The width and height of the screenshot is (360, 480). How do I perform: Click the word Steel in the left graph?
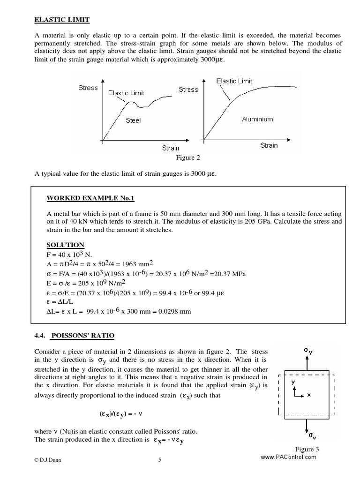coord(133,120)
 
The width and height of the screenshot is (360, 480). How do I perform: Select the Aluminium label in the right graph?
coord(257,120)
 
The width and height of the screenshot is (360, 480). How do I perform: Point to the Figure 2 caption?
coord(187,157)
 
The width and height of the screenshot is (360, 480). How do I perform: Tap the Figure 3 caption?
coord(307,450)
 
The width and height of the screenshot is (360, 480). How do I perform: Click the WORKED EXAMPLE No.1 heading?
coord(90,198)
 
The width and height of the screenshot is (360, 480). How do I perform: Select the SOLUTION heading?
coord(65,245)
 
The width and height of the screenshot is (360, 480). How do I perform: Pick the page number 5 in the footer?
coord(160,460)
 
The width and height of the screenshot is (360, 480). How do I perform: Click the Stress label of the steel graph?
coord(88,88)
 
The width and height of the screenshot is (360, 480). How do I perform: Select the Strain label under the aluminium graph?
coord(269,145)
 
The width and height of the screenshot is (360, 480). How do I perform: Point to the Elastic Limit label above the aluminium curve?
coord(234,81)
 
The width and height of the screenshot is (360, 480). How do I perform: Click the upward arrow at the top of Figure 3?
coord(307,363)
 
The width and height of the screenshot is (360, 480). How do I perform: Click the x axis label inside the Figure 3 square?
coord(309,395)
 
